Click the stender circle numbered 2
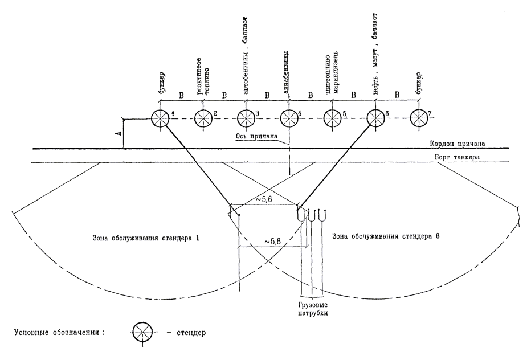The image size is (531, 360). [x=203, y=118]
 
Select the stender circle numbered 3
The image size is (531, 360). [x=246, y=118]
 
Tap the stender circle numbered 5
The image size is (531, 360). [x=332, y=118]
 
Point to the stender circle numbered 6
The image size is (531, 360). [x=375, y=118]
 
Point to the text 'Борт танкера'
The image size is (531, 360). [x=454, y=158]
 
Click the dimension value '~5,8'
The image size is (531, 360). [x=273, y=242]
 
